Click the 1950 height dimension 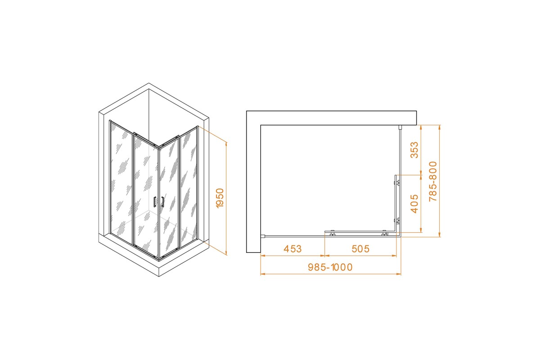(x=220, y=198)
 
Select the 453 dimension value (x=292, y=249)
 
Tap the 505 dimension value (x=360, y=249)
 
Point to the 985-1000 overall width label (x=330, y=267)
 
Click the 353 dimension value (x=414, y=150)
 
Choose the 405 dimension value (x=414, y=204)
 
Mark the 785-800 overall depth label (x=433, y=181)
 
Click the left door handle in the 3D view (x=154, y=202)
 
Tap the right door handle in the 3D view (x=163, y=202)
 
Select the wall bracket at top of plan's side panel (x=400, y=127)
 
